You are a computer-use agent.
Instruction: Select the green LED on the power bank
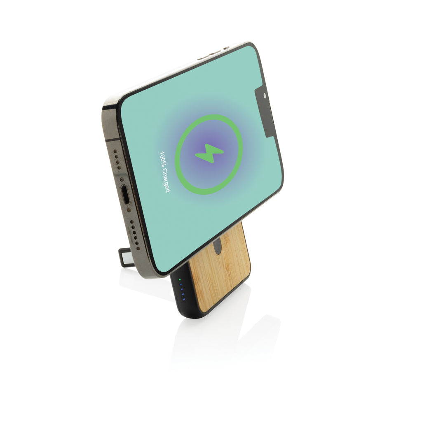[x=179, y=279]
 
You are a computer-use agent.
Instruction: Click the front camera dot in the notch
[x=265, y=96]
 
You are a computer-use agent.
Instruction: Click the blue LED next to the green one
[x=181, y=284]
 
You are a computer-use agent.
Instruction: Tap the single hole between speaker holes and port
[x=122, y=179]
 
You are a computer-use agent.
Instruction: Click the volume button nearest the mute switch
[x=213, y=53]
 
